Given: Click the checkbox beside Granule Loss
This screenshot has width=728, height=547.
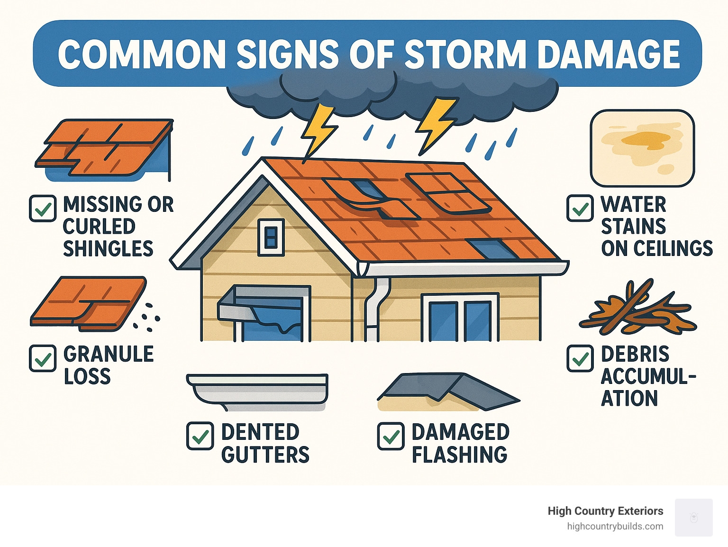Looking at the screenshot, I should click(x=43, y=358).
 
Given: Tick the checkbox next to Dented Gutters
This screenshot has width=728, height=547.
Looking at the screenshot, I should click(x=200, y=436).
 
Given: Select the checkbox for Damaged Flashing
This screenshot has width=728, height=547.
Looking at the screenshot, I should click(x=391, y=436).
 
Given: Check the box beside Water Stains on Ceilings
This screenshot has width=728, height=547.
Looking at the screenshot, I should click(x=580, y=208).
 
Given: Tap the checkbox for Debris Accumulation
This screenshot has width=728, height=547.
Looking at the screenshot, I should click(x=580, y=358).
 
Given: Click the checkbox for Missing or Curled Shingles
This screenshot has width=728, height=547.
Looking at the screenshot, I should click(x=43, y=209).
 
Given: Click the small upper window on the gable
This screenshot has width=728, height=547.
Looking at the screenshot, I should click(x=271, y=237).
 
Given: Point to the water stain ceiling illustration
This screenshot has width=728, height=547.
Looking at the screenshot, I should click(x=642, y=148).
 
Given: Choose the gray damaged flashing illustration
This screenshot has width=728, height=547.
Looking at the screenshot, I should click(x=448, y=391).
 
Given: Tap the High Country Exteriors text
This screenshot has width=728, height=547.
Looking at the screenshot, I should click(x=605, y=511).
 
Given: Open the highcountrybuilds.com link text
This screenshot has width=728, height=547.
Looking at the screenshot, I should click(x=615, y=526).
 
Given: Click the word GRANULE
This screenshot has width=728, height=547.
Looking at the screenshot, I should click(x=109, y=354).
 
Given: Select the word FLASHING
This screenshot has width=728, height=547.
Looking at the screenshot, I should click(x=459, y=455).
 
